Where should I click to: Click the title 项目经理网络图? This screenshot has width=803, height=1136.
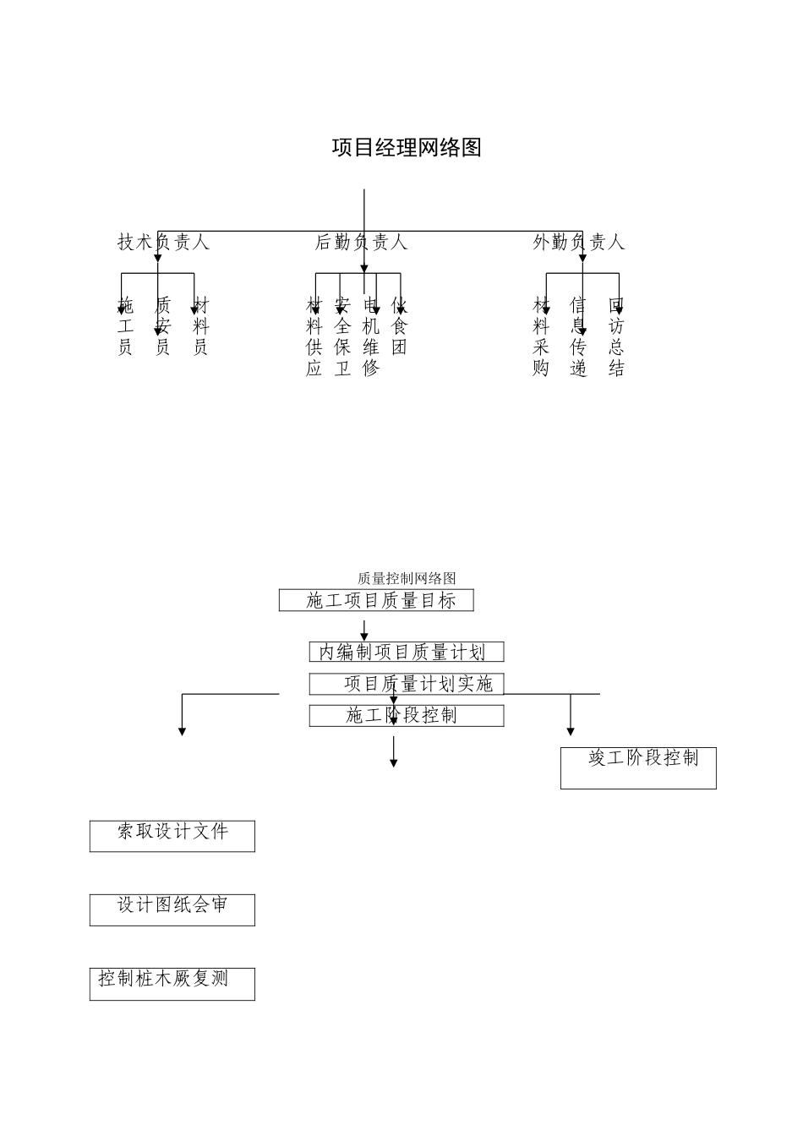[407, 148]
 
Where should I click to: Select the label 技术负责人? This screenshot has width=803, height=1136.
[163, 243]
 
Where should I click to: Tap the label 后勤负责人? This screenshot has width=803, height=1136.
[361, 243]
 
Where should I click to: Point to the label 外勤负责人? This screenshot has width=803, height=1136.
[578, 243]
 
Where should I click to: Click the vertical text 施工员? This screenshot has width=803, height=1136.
[125, 326]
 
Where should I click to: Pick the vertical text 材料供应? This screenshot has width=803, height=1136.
[314, 336]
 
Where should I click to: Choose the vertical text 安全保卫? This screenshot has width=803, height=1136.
[342, 336]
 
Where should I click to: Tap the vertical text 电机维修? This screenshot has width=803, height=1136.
[371, 336]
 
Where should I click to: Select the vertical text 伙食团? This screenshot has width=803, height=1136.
[399, 326]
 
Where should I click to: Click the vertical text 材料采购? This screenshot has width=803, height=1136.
[541, 336]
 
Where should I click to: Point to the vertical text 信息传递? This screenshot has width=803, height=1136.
[578, 336]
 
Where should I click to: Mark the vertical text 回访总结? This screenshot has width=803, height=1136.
[616, 336]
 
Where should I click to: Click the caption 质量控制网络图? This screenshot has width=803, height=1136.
[407, 579]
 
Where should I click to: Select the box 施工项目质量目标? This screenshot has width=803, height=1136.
[376, 601]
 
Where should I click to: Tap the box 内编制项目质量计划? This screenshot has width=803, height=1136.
[407, 652]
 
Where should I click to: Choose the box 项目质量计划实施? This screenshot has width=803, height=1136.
[407, 684]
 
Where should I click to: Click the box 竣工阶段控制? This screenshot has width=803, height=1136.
[638, 767]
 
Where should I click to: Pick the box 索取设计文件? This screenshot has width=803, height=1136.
[172, 835]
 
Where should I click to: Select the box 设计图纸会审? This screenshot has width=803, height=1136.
[172, 909]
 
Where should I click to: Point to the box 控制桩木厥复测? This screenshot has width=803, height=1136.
[172, 984]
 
